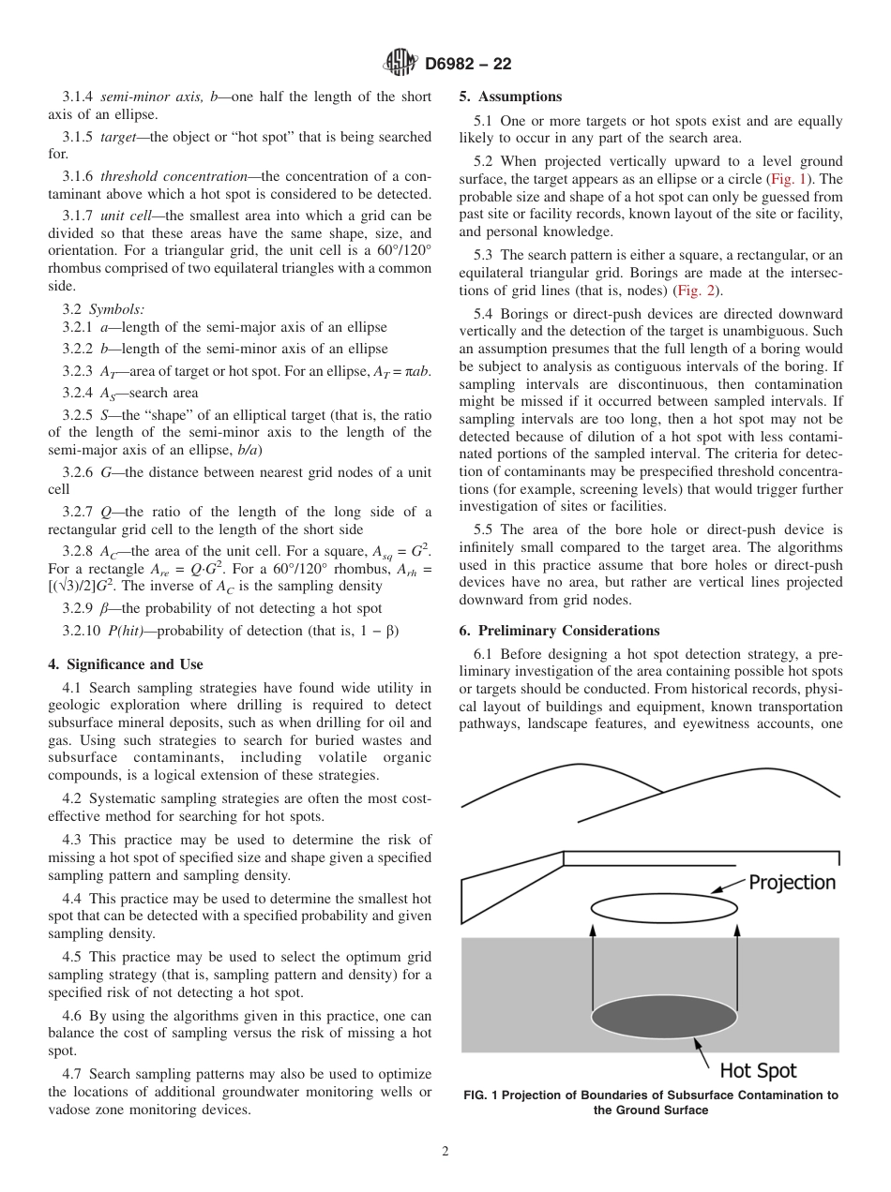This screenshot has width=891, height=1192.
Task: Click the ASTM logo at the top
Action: [400, 64]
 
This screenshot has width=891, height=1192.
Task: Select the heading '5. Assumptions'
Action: [510, 97]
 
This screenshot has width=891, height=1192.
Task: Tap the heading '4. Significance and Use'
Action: [125, 664]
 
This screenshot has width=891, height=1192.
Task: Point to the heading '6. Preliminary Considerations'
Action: [559, 631]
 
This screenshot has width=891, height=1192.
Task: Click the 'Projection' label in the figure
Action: [792, 883]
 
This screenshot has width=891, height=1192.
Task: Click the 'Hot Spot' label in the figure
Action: [758, 1070]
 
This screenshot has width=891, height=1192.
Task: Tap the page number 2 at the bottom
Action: [445, 1152]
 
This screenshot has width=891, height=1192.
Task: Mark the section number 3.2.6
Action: [78, 472]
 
